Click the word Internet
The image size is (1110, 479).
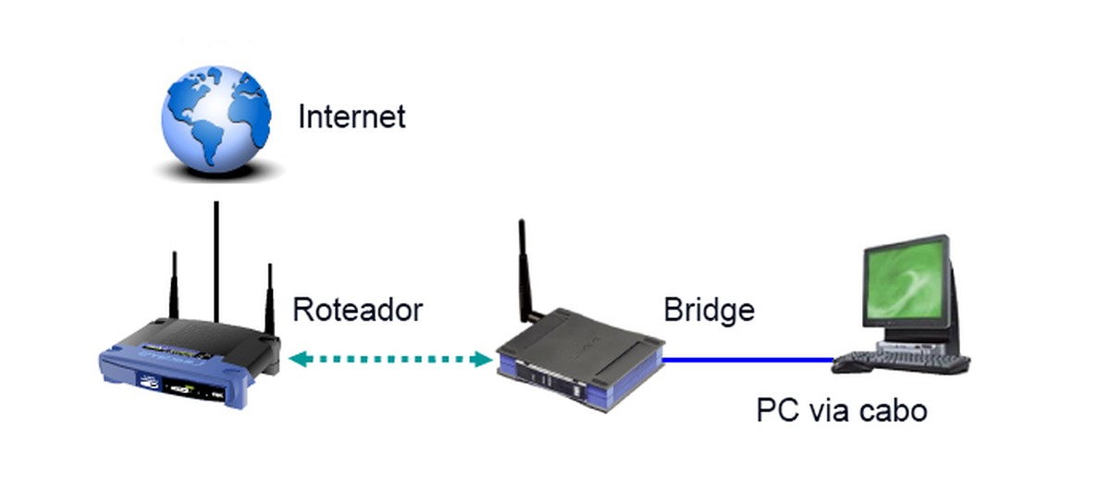351,117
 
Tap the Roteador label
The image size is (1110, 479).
357,310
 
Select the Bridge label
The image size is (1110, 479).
709,310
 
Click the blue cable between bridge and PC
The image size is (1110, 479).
749,359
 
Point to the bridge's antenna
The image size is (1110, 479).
524,268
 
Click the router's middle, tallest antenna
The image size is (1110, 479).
216,259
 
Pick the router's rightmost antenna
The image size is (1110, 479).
270,296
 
